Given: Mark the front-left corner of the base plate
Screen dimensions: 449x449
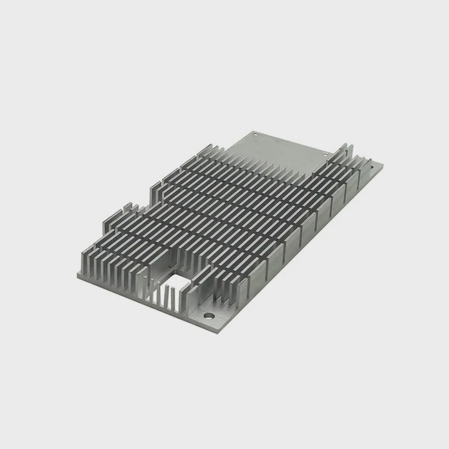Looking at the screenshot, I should point(78,274).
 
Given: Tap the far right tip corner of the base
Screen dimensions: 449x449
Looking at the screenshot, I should point(382,165).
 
